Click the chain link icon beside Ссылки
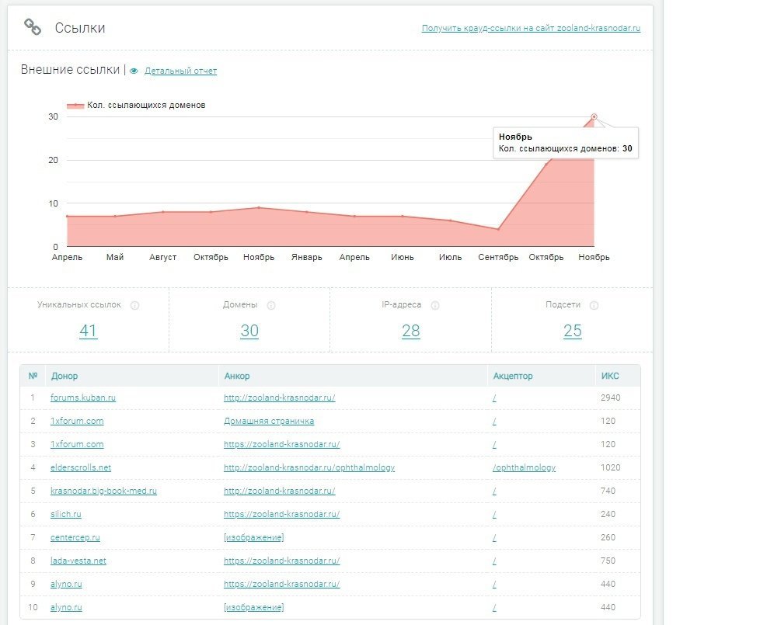tap(33, 28)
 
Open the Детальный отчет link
tap(180, 71)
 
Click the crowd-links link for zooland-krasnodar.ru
tap(531, 29)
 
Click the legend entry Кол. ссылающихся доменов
tap(137, 106)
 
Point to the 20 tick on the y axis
tap(53, 160)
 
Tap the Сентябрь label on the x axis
tap(498, 258)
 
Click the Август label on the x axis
tap(163, 258)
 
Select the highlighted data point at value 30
tap(594, 116)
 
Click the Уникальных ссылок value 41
tap(88, 331)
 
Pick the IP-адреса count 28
tap(410, 331)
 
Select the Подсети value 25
tap(572, 331)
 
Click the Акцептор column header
tap(513, 377)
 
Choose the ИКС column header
tap(610, 377)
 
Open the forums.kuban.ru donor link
tap(83, 398)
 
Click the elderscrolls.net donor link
tap(81, 468)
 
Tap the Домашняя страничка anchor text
tap(269, 422)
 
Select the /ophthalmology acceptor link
tap(525, 468)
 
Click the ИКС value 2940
tap(610, 398)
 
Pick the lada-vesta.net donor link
tap(78, 561)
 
